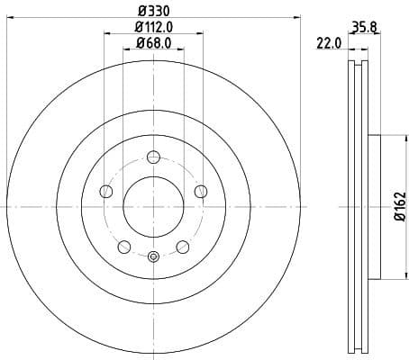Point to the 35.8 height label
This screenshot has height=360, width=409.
coord(363,28)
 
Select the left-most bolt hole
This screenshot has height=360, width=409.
coord(105,191)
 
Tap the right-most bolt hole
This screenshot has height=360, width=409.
coord(200,191)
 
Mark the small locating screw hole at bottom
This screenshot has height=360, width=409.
coord(153,257)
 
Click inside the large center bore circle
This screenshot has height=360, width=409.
coord(153,206)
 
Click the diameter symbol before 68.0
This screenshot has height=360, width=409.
coord(141,44)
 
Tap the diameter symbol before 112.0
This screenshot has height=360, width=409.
coord(137,28)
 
